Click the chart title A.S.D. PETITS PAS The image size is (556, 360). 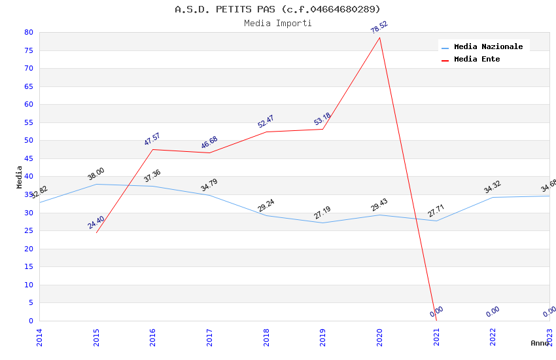point(277,9)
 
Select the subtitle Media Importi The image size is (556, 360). point(277,24)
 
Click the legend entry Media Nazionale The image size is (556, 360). point(488,47)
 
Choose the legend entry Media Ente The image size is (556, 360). point(477,60)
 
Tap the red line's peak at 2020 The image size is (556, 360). point(379,37)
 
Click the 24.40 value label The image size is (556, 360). point(96,223)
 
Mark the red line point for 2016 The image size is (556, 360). point(153,149)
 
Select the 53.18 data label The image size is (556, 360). point(322,119)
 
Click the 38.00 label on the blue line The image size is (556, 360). point(96,173)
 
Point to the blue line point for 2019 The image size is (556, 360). point(322,223)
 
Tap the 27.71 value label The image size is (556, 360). point(436,211)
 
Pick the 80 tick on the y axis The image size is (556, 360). point(28,32)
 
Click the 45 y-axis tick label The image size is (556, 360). point(28,158)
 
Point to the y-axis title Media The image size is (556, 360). point(19,177)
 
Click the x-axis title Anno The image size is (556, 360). point(540,343)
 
